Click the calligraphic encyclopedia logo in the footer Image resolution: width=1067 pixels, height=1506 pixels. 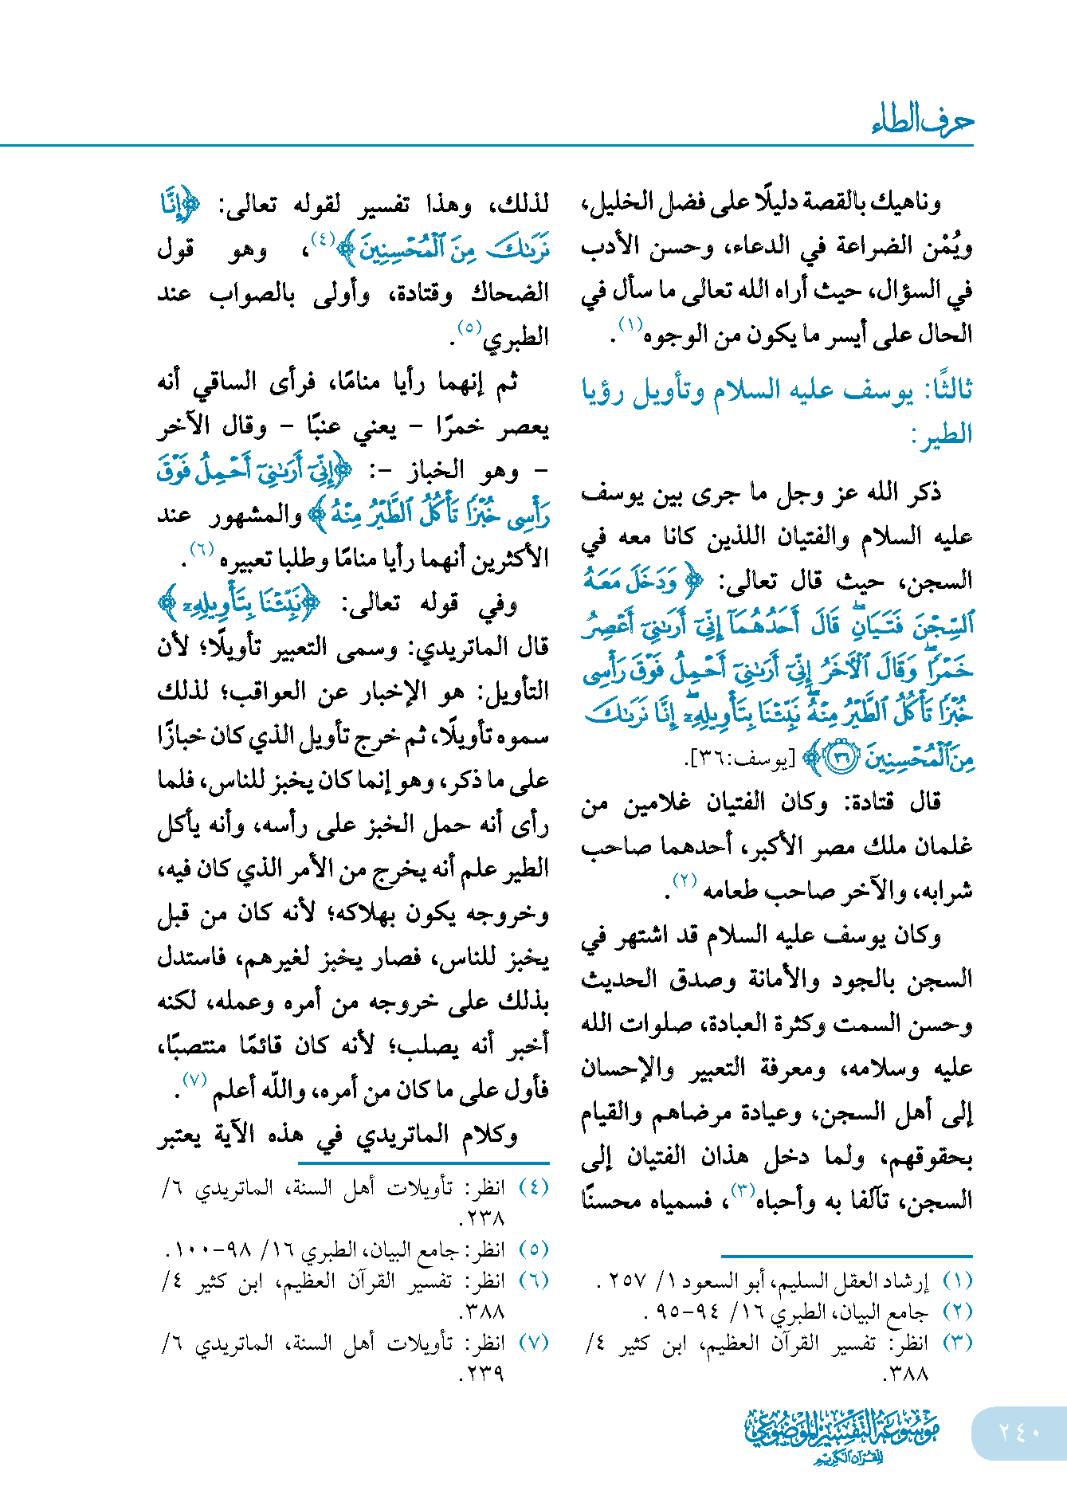(842, 1435)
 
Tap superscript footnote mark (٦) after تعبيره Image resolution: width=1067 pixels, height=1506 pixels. (202, 548)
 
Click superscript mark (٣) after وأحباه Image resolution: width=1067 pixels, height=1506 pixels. (743, 1190)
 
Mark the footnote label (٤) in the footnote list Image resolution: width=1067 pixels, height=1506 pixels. (534, 1187)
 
